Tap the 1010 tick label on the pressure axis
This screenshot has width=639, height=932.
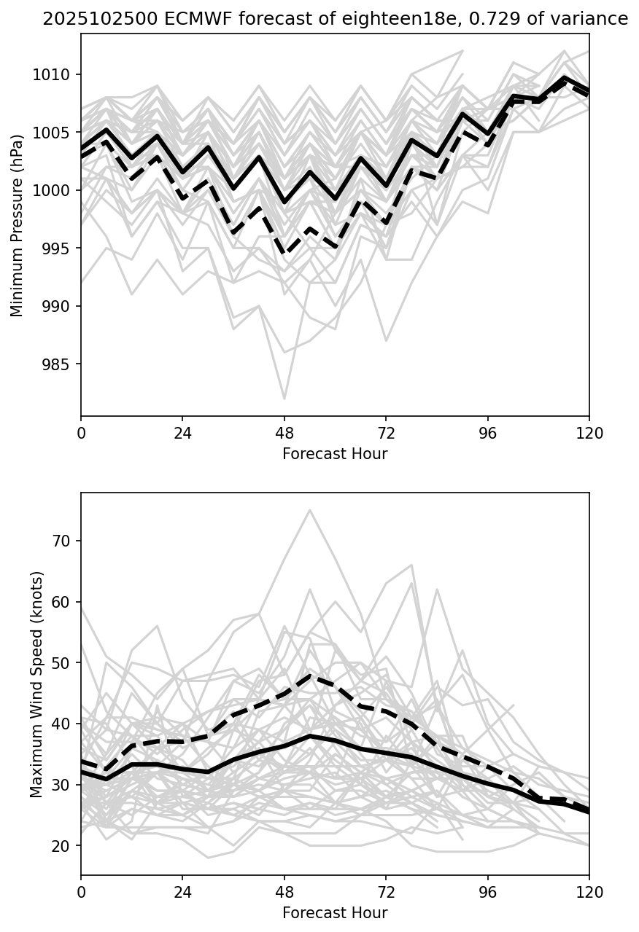(51, 74)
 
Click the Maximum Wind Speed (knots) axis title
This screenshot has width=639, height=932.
(36, 684)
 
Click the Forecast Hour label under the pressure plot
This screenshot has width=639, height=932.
(335, 454)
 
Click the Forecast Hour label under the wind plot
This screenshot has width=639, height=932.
(335, 913)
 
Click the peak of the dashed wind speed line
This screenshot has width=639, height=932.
(310, 675)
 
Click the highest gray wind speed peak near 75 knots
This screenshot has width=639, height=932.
(310, 510)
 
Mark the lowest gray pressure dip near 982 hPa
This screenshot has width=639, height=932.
(284, 399)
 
